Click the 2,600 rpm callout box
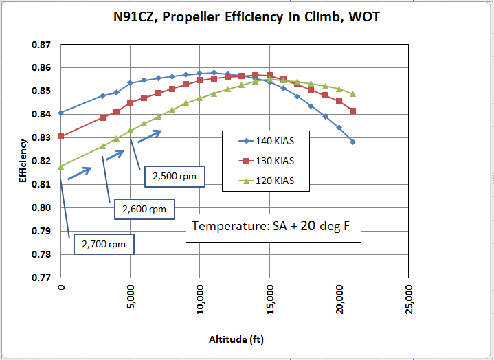(x=144, y=208)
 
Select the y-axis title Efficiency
(x=23, y=161)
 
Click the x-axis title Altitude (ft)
(x=236, y=339)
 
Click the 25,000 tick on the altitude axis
(x=408, y=297)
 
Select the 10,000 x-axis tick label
(x=200, y=297)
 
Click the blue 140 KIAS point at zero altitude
(x=61, y=113)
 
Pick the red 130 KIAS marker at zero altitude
(x=61, y=136)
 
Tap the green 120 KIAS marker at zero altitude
(x=61, y=166)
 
